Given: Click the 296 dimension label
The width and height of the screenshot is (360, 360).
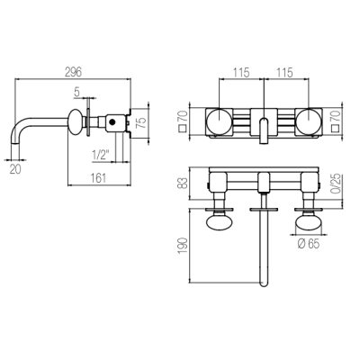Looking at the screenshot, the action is pos(74,72).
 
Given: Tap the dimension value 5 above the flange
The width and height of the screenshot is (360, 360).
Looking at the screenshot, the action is pos(77,93).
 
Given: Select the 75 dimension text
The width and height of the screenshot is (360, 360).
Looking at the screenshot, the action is pos(142,121).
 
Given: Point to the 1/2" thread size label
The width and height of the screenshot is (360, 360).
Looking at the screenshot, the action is pos(101,155).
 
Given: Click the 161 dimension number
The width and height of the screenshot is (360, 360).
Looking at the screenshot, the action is pos(98,178).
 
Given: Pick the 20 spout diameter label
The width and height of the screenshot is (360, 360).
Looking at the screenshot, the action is pos(15,169).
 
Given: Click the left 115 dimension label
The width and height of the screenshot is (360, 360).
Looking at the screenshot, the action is pos(241,72).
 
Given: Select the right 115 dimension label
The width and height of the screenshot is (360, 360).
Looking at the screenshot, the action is pos(284,72).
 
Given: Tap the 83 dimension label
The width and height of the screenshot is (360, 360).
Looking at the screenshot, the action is pos(183,183).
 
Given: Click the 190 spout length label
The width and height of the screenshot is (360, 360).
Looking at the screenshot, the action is pos(183,246).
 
